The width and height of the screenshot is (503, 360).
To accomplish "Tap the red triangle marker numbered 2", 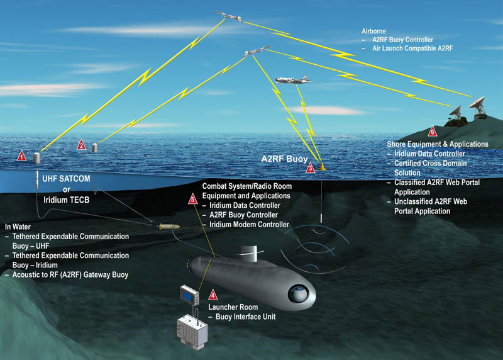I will pos(81,145).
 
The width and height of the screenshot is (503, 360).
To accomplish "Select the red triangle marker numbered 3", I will pos(310,169).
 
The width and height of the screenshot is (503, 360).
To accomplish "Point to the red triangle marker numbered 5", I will pos(192,200).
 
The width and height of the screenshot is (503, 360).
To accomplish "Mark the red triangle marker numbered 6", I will pos(431,132).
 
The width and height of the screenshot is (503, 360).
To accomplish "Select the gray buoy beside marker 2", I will pos(95,148).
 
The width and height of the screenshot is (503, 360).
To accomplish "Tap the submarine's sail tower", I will pos(248,254).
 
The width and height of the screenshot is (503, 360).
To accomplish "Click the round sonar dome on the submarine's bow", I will pos(300,293).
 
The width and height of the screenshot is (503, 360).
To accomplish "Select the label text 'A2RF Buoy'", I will pos(284,159).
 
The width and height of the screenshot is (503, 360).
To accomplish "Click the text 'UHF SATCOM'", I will pos(67,179).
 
